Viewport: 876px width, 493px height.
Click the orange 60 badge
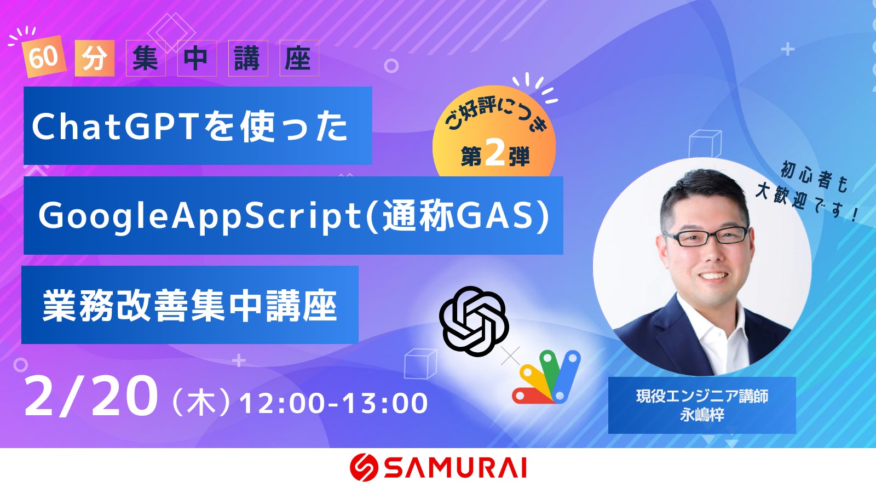[x=43, y=57]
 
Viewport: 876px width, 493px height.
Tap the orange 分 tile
[x=94, y=58]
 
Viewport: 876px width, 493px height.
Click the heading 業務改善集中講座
[x=189, y=306]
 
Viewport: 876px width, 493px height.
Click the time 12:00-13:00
[x=333, y=403]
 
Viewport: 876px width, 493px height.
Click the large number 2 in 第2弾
[x=495, y=154]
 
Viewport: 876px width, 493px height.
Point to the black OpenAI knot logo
[x=474, y=321]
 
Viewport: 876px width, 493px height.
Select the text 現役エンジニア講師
[x=702, y=397]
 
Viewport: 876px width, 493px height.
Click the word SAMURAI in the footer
[x=455, y=468]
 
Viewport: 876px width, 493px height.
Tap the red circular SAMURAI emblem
[x=364, y=467]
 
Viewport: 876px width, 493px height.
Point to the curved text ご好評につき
[x=496, y=115]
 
